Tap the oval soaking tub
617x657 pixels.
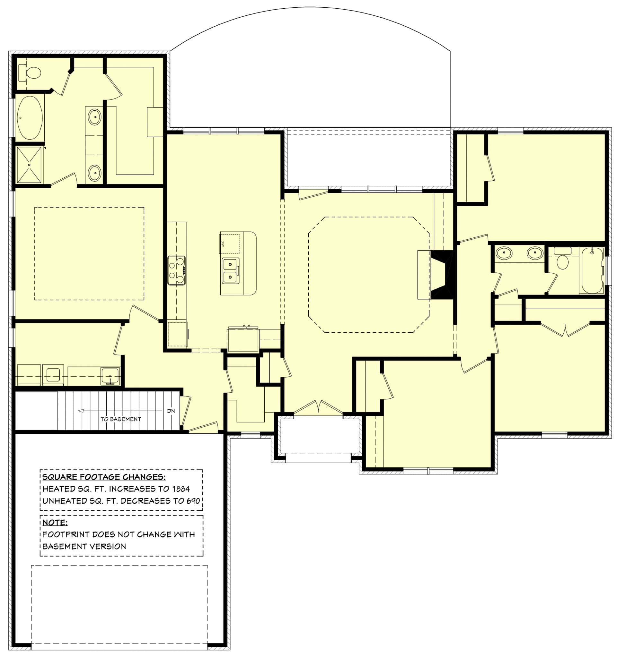pos(30,118)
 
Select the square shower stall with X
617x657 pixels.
pos(30,165)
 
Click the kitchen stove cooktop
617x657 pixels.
pos(176,270)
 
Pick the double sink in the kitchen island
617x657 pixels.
pos(230,271)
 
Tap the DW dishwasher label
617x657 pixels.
pos(223,244)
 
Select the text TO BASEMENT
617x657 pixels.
pos(121,419)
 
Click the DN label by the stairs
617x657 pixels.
pos(171,411)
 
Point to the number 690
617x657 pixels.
pos(193,501)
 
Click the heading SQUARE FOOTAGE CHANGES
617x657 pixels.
pos(104,477)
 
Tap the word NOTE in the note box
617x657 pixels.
pos(55,523)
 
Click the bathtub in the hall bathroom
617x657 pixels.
pos(592,271)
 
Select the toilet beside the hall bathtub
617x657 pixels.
pos(562,260)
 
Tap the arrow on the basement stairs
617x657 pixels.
pos(80,411)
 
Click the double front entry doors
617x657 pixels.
pos(318,407)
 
